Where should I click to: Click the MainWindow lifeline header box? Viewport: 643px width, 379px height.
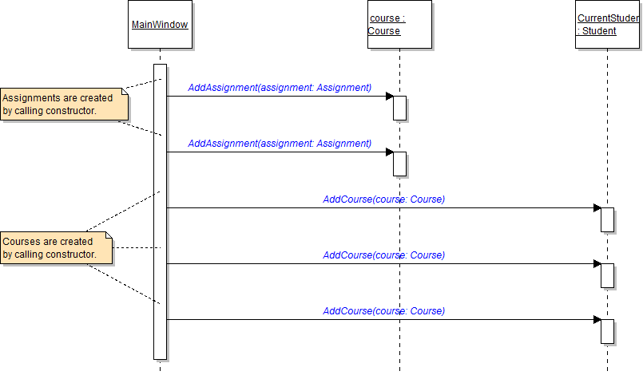coord(160,25)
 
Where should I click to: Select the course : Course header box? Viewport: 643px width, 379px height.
coord(399,25)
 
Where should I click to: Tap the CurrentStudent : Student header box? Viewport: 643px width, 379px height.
coord(607,25)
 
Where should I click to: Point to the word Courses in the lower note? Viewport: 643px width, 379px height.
coord(20,242)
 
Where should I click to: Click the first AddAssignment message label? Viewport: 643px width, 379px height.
coord(280,87)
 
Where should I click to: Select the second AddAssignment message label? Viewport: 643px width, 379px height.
coord(280,144)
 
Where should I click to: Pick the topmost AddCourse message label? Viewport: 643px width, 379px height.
coord(383,199)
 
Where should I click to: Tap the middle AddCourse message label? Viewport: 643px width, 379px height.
coord(383,255)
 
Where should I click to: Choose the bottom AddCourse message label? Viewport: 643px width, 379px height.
coord(383,311)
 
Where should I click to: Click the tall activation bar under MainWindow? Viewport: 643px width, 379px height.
coord(160,211)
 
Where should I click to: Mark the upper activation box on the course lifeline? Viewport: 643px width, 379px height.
coord(400,108)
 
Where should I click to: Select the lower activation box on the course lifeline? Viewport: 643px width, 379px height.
coord(400,164)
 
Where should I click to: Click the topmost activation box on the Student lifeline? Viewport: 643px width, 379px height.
coord(607,219)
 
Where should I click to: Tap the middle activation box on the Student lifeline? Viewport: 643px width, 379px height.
coord(607,275)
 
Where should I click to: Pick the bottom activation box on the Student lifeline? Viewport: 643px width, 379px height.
coord(607,331)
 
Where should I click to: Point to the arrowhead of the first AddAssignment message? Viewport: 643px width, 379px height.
coord(390,97)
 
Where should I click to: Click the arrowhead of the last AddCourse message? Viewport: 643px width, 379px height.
coord(597,320)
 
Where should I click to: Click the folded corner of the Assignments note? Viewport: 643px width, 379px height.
coord(124,92)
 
